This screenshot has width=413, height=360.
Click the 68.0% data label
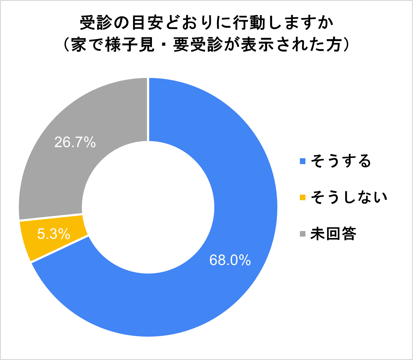(x=230, y=260)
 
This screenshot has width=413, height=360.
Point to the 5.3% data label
(x=54, y=234)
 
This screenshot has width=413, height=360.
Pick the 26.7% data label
(x=75, y=142)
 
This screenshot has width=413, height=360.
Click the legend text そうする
(x=341, y=161)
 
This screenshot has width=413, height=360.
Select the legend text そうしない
(x=349, y=197)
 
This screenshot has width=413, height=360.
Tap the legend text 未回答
(x=333, y=234)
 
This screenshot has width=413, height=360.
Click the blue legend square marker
(x=302, y=161)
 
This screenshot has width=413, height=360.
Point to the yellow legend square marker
(x=302, y=198)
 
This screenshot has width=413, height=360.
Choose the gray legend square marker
(x=302, y=234)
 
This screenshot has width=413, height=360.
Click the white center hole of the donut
(x=148, y=207)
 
